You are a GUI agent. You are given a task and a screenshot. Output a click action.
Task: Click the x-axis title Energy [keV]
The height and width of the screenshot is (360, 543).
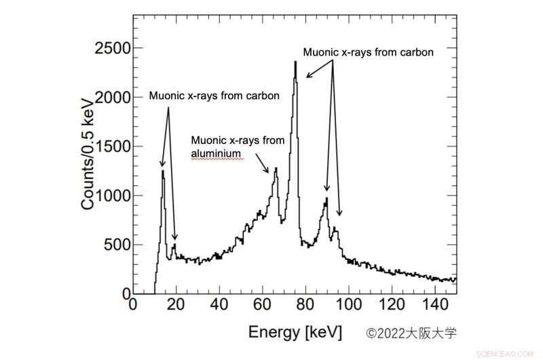295,332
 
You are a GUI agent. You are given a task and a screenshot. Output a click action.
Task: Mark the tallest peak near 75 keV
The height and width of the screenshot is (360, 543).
295,62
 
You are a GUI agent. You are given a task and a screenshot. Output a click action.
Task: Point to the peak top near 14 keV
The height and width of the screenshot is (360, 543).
163,171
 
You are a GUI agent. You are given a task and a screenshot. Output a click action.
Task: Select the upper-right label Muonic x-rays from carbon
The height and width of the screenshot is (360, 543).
367,52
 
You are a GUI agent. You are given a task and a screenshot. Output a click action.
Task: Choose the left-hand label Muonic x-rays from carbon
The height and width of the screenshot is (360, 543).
214,96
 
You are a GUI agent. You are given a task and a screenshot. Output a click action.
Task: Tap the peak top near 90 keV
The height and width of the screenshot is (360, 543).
326,198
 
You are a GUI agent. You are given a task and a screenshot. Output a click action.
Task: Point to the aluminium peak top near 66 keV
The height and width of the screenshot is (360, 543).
276,168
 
